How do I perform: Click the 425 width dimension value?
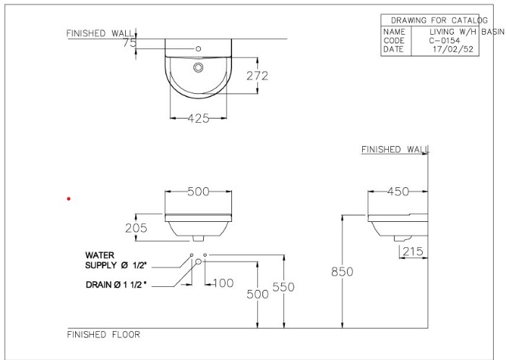point(198,119)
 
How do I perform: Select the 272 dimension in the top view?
point(257,75)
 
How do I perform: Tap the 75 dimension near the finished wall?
point(129,43)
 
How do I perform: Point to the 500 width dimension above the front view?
point(198,192)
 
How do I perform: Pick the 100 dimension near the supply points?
point(223,283)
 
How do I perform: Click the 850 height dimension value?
point(342,272)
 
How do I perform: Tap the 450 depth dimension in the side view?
point(397,192)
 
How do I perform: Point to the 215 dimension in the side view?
point(412,251)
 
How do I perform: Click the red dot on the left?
point(69,198)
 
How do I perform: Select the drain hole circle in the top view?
point(198,68)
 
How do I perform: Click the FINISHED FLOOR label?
point(103,335)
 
